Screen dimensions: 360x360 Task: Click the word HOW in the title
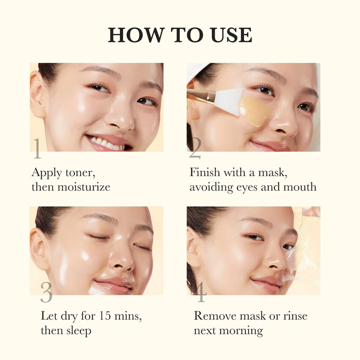[x=135, y=35]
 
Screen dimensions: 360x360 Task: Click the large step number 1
[x=37, y=148]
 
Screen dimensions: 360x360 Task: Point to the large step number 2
[x=195, y=148]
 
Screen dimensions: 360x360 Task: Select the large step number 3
[x=46, y=292]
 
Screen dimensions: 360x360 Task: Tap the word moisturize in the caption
[x=84, y=187]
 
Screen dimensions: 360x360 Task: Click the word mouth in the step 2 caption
[x=300, y=187]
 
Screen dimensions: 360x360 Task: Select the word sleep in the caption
[x=79, y=331]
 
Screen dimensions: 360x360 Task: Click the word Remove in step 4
[x=215, y=316]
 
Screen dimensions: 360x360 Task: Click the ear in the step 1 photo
[x=37, y=94]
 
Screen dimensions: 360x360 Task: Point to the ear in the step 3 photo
[x=37, y=249]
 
